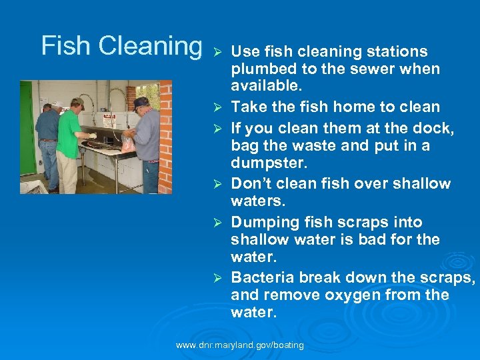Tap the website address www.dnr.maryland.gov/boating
(239, 345)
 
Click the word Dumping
(263, 222)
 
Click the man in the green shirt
(68, 133)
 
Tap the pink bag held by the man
(127, 144)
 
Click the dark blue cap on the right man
(141, 101)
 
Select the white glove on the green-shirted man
(92, 136)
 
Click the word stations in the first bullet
(396, 52)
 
